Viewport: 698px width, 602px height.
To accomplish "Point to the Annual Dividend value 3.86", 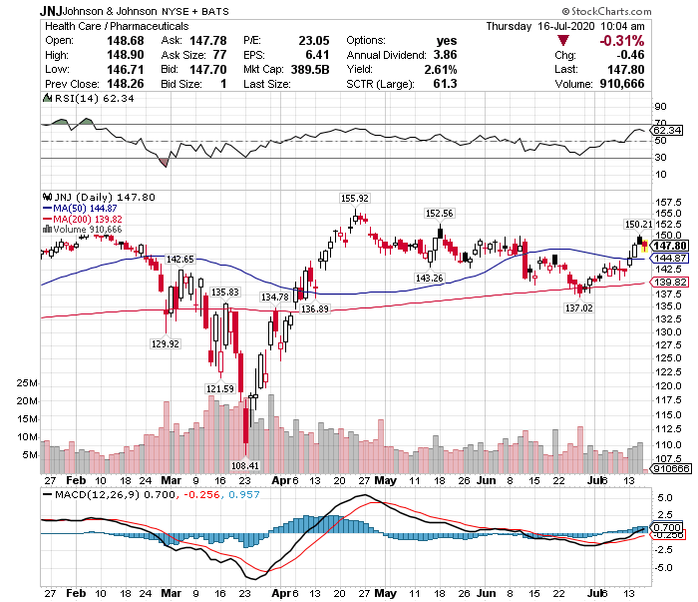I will (446, 55).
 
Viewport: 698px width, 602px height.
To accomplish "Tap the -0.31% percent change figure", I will (661, 40).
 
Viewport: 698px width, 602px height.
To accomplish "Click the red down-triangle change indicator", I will (564, 40).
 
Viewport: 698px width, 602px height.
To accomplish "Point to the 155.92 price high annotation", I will (355, 199).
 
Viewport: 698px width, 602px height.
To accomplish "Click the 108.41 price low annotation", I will (244, 465).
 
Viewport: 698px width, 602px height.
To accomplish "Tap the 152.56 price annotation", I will (440, 214).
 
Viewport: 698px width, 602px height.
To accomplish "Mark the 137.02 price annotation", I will (579, 308).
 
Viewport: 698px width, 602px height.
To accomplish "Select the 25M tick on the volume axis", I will (28, 383).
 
